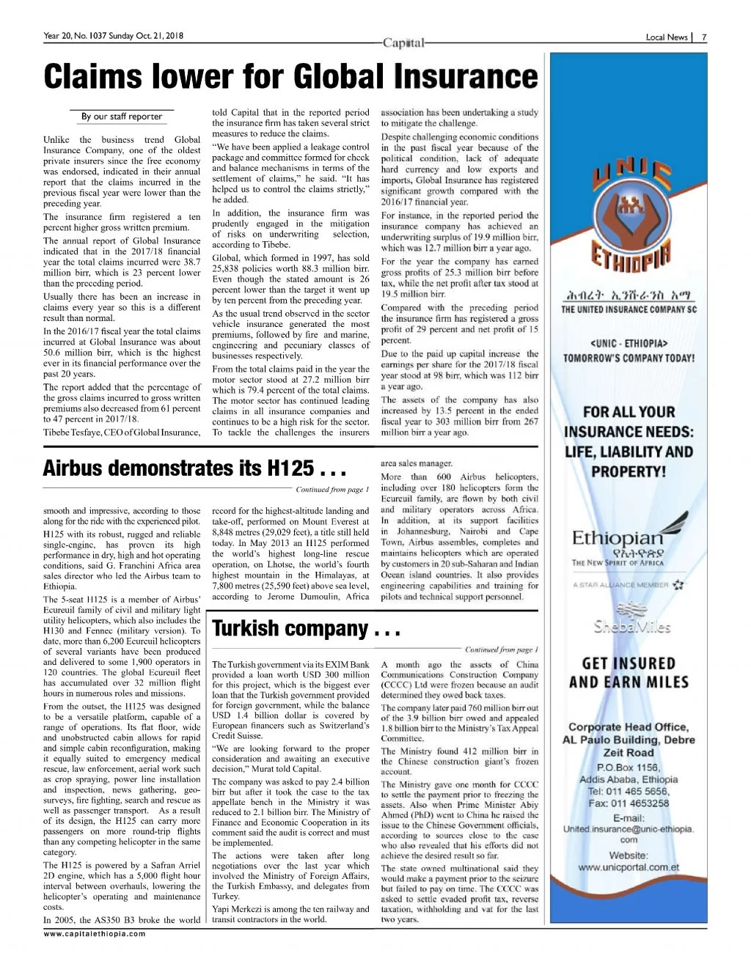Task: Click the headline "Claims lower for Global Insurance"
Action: (x=290, y=77)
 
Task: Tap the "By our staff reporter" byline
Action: (x=122, y=116)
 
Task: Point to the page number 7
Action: (x=704, y=37)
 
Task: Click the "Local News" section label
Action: (x=666, y=37)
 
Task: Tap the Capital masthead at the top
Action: (x=404, y=43)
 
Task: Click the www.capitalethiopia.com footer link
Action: (x=95, y=934)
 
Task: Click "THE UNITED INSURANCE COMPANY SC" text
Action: (x=629, y=309)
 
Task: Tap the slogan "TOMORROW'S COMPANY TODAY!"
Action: (x=629, y=358)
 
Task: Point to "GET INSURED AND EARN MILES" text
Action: (x=629, y=672)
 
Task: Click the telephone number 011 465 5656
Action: (x=629, y=791)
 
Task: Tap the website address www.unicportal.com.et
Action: (x=629, y=867)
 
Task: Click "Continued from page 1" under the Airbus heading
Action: (x=332, y=490)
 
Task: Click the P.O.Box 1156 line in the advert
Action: (x=629, y=767)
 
